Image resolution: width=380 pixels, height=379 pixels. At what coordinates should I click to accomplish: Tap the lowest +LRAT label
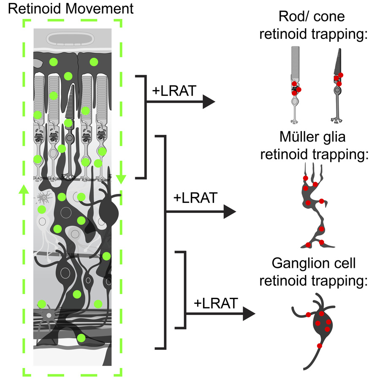pyautogui.click(x=216, y=303)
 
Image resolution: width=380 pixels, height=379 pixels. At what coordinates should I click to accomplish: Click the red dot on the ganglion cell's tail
pyautogui.click(x=320, y=346)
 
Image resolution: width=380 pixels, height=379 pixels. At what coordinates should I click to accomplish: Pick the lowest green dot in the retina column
pyautogui.click(x=81, y=338)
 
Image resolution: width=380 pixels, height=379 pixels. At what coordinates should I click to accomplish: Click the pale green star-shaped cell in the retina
pyautogui.click(x=44, y=197)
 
